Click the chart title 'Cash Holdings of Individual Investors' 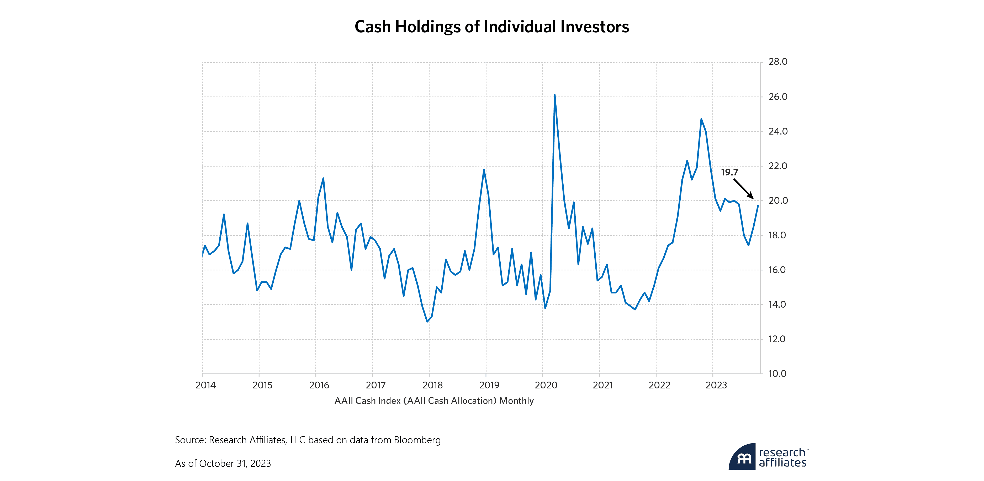pos(492,27)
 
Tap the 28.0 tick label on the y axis pos(778,62)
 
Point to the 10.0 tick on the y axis pos(777,374)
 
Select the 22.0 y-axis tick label pos(778,166)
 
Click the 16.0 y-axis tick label pos(777,270)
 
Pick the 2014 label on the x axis pos(205,385)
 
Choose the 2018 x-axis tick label pos(432,385)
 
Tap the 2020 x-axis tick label pos(546,385)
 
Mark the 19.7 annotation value pos(729,173)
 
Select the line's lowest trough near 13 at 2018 pos(427,322)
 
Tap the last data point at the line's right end pos(758,206)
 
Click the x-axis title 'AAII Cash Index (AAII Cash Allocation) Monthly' pos(434,401)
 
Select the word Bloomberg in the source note pos(417,440)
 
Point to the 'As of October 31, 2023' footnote pos(223,463)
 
